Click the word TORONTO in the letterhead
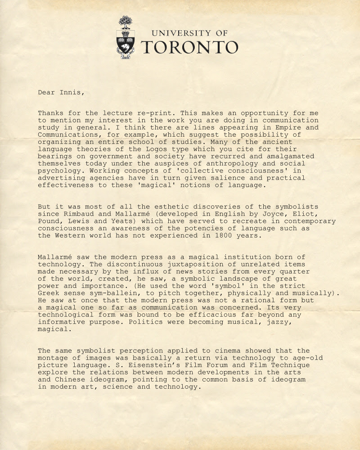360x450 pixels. [189, 47]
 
